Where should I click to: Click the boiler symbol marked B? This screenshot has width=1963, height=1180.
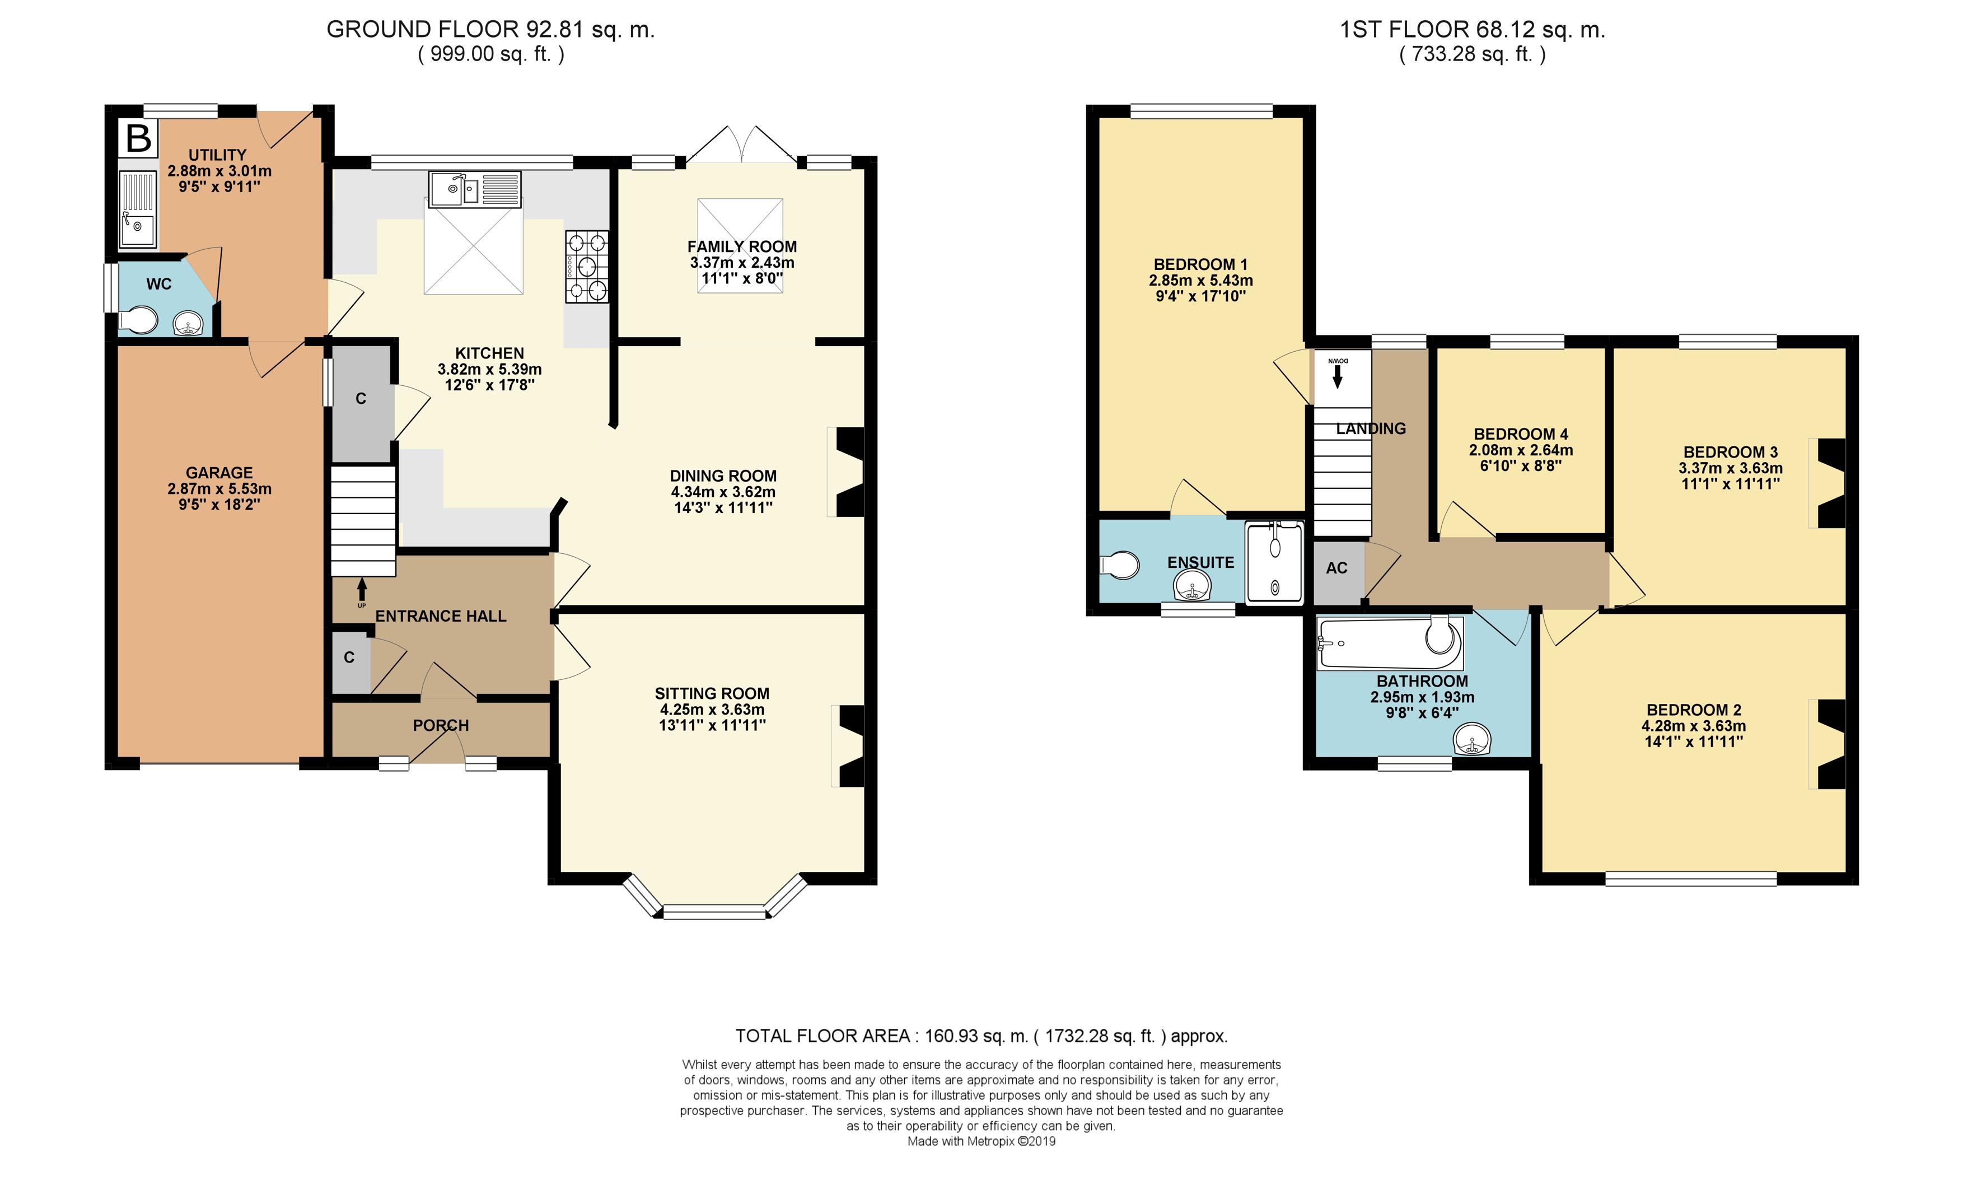138,138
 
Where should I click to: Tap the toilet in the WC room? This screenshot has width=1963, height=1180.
137,320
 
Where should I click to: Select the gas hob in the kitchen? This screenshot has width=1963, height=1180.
587,267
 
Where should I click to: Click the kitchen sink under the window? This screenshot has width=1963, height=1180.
474,189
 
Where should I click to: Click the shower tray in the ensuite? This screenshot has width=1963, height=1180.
1275,561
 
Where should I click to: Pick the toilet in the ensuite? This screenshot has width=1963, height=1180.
1119,565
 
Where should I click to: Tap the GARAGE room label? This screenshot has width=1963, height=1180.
219,472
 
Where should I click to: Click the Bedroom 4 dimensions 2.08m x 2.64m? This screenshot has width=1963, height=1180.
1520,450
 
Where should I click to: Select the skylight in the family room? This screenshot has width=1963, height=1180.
740,246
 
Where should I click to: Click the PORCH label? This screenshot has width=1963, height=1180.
441,725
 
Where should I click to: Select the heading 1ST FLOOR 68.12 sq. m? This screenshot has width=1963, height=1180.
1473,30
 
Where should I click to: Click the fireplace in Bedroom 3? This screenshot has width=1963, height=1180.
1828,483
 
